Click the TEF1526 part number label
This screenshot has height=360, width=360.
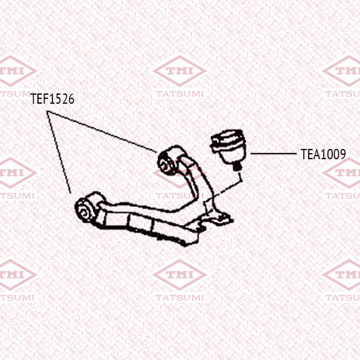52,99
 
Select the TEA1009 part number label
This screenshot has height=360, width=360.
323,154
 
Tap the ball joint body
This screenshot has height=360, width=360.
228,147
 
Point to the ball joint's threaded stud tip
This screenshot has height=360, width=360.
236,167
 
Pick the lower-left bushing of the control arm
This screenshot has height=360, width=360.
86,209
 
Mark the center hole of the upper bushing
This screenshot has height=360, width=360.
165,164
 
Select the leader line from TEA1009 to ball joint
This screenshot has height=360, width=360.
273,153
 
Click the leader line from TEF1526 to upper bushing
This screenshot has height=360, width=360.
102,132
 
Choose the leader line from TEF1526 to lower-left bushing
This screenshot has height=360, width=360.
58,152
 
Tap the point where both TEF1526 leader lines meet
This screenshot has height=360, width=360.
47,112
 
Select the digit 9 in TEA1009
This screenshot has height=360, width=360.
343,154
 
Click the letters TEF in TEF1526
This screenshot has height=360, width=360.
40,99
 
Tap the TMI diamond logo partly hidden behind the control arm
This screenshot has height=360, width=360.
180,172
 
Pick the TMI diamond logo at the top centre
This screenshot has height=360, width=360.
180,71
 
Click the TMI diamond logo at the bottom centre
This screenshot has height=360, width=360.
180,275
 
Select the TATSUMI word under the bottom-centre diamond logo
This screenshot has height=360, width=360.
180,298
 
